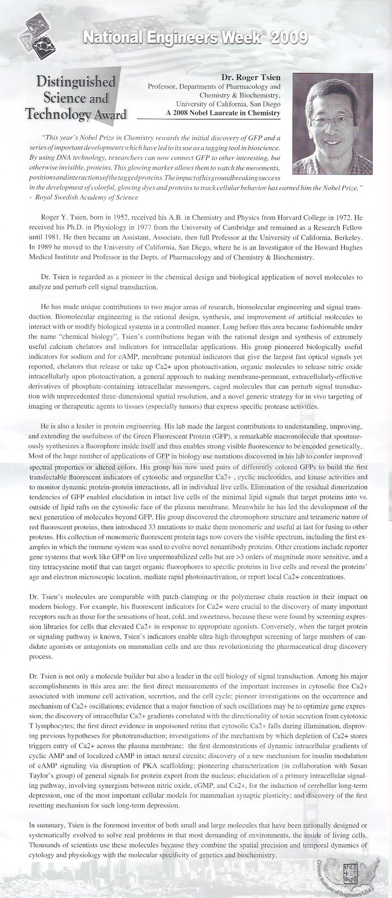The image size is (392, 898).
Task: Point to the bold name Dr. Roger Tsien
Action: click(x=250, y=77)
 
